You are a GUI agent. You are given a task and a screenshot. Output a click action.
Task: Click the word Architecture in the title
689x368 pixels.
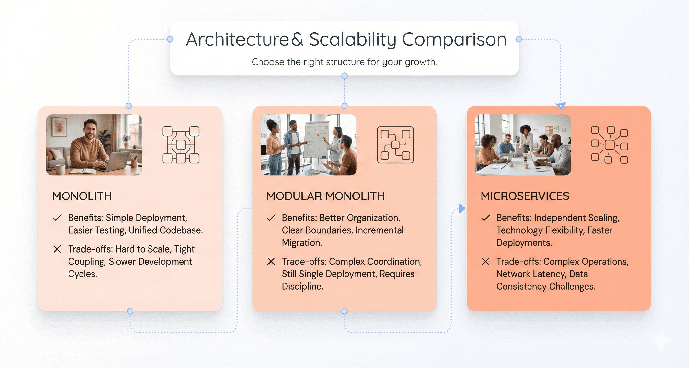pos(237,39)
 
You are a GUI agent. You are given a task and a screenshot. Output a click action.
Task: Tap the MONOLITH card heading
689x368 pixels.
pos(82,196)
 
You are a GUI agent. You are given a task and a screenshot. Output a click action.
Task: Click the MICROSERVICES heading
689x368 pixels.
pos(525,196)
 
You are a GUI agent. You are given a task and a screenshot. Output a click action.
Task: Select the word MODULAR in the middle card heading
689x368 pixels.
pos(294,196)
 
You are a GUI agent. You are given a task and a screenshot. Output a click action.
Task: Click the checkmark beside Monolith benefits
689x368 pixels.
pos(57,218)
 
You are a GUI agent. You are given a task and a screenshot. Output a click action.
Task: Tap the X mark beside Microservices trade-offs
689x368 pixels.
pos(485,261)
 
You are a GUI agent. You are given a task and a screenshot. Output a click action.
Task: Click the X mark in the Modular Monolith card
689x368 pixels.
pos(271,261)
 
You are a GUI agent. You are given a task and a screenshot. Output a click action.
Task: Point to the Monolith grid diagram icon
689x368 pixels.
pos(181,145)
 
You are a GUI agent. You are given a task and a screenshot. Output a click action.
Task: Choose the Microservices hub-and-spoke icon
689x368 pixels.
pos(609,145)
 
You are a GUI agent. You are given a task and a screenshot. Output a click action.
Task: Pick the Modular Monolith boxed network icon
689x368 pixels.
pos(395,145)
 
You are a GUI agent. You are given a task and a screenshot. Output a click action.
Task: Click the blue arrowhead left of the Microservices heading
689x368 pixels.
pos(462,208)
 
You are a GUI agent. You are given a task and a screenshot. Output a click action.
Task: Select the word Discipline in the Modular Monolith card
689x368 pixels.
pos(302,287)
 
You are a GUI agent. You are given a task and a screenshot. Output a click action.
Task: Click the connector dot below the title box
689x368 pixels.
pos(344,76)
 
